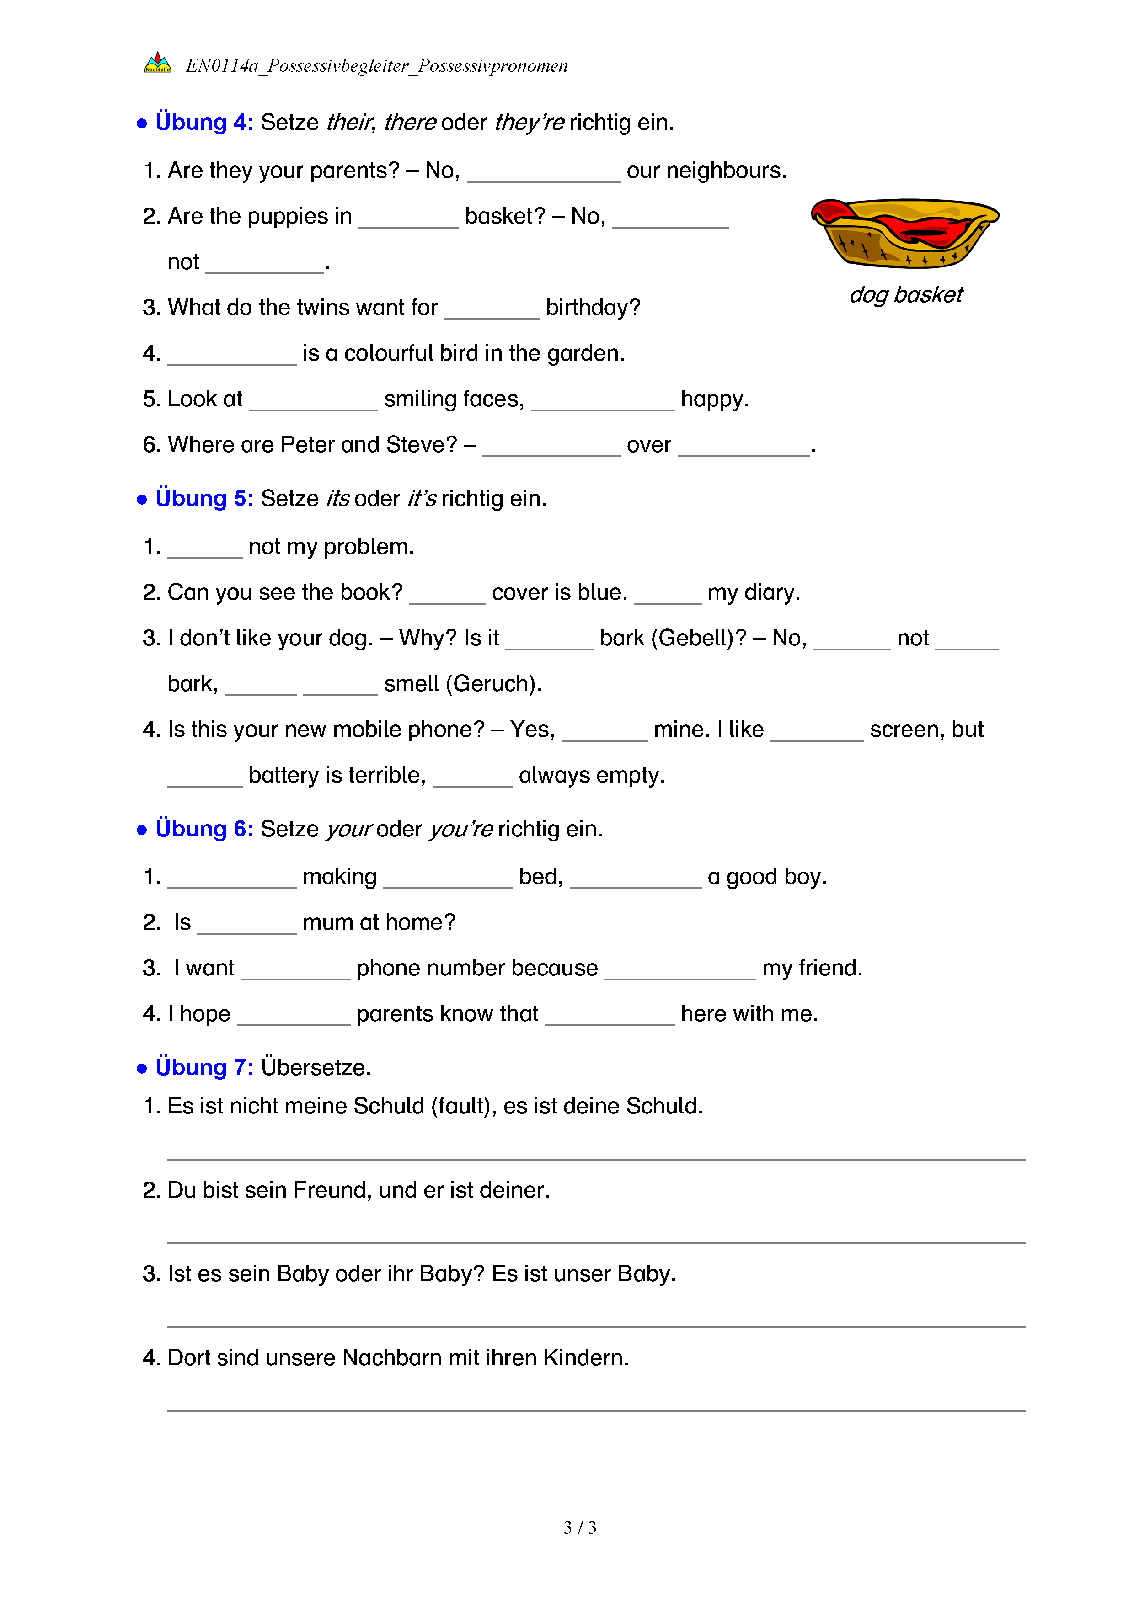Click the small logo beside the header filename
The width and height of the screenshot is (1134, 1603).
(x=158, y=64)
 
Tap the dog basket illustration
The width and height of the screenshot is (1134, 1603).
(x=905, y=233)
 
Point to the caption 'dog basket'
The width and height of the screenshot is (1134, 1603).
(x=906, y=295)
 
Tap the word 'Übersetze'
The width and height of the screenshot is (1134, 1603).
(x=315, y=1067)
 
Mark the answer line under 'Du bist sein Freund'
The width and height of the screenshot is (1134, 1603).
(x=596, y=1243)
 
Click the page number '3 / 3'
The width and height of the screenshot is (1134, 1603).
(x=579, y=1527)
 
